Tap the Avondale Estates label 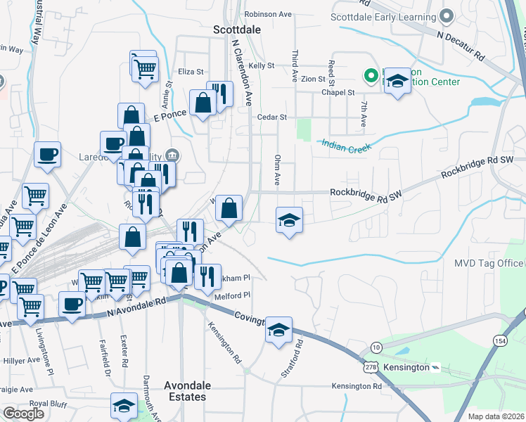point(185,391)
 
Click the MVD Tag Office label point(488,263)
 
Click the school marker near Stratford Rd point(279,329)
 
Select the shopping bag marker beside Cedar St point(203,103)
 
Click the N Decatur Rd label point(461,44)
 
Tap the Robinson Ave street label point(268,14)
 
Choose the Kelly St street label point(260,65)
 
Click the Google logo point(23,414)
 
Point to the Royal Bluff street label point(48,404)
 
